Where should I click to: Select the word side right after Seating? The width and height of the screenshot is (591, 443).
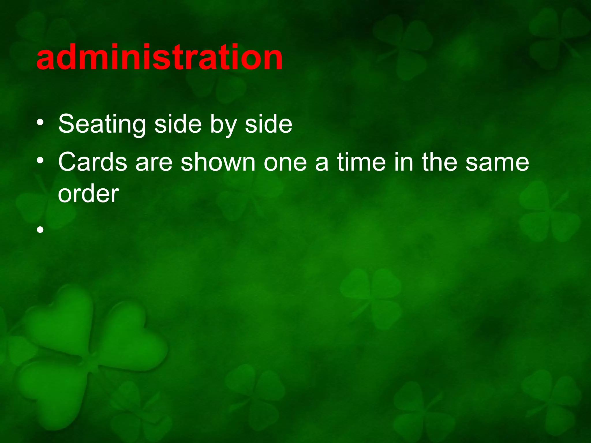177,124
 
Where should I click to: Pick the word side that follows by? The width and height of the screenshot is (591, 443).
268,124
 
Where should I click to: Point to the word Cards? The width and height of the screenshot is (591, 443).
92,162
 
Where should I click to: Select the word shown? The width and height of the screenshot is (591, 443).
218,162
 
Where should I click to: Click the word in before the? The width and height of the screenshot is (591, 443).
403,162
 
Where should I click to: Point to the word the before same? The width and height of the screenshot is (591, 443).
439,162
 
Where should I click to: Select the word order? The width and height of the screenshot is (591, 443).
88,194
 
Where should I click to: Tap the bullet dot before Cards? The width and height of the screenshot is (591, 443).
40,161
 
